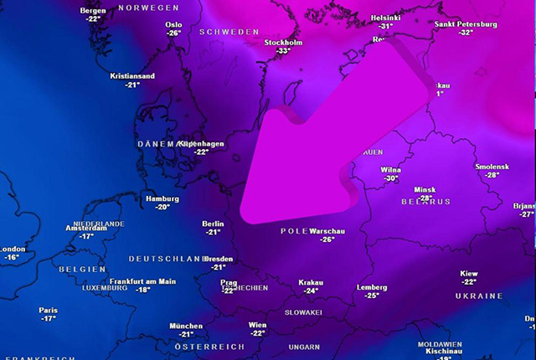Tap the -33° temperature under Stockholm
(283, 51)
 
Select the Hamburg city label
(162, 198)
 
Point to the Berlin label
(213, 224)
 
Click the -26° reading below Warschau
(327, 239)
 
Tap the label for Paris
(48, 311)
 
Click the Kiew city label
(469, 274)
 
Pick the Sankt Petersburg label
(466, 24)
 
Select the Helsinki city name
(386, 18)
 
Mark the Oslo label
(174, 25)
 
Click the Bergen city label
(92, 11)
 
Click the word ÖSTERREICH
(210, 347)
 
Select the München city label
(186, 326)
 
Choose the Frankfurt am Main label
(142, 281)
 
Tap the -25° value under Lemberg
(372, 296)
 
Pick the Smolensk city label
(492, 167)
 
